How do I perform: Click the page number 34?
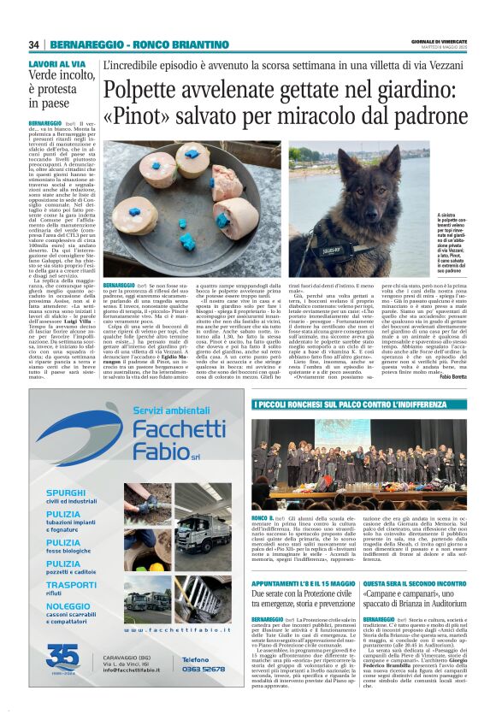pyautogui.click(x=33, y=45)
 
